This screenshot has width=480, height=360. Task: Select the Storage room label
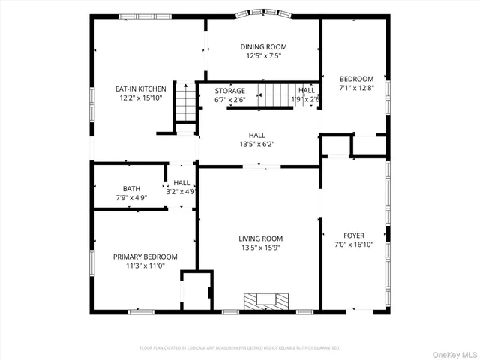click(x=230, y=90)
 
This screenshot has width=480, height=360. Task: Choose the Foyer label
click(x=354, y=234)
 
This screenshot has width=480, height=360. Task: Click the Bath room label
click(x=131, y=188)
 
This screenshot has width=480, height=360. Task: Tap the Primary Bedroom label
click(x=145, y=256)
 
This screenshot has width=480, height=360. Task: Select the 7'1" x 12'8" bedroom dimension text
click(x=356, y=88)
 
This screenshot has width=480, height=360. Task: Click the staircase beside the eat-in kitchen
click(x=185, y=102)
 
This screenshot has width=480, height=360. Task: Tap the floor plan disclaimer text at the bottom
click(x=240, y=348)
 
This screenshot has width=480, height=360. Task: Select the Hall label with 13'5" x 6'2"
click(x=257, y=135)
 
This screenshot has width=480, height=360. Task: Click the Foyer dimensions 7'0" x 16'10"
click(x=354, y=244)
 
